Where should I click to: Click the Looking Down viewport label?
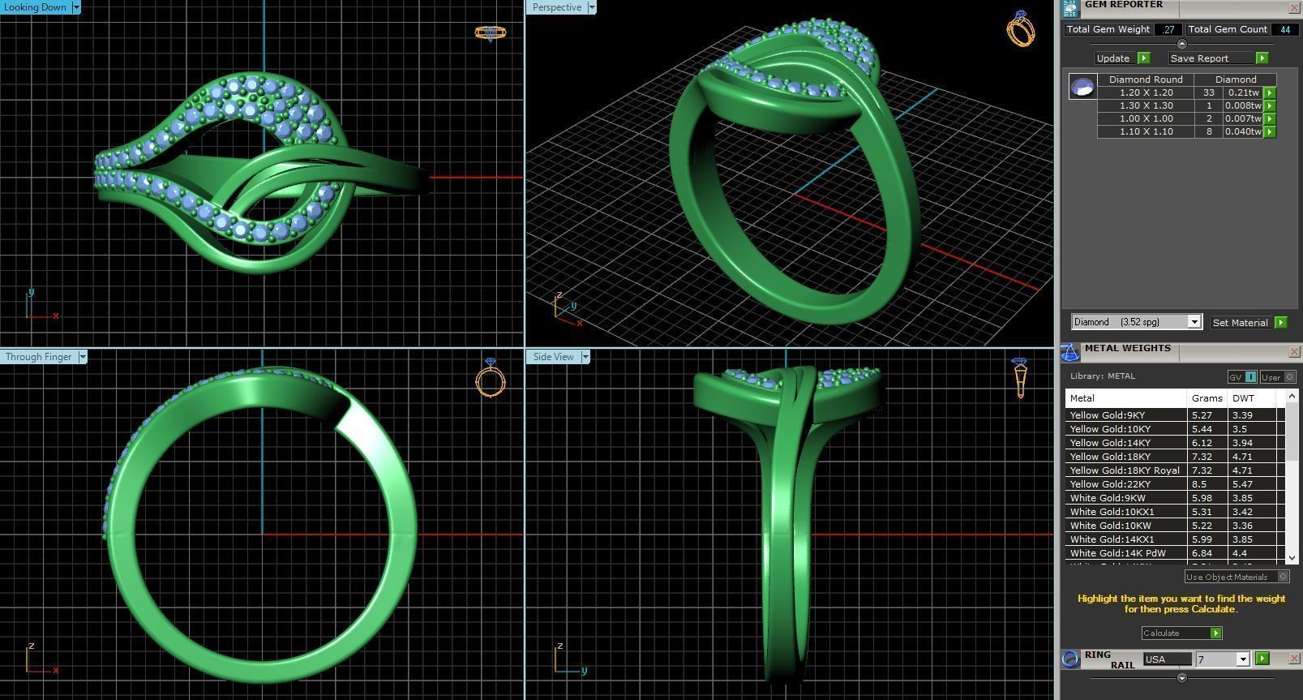click(x=36, y=7)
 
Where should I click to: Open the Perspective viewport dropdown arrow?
click(x=591, y=7)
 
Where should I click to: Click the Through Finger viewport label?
click(x=39, y=357)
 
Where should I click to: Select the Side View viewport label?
click(x=554, y=357)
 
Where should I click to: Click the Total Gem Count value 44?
click(x=1284, y=29)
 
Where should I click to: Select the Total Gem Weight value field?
click(x=1168, y=29)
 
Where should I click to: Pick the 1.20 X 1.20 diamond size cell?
click(x=1146, y=92)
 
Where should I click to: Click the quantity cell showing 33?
click(x=1208, y=92)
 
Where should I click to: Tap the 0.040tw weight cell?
click(x=1243, y=131)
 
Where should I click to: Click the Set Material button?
click(x=1240, y=323)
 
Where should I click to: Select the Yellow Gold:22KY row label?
click(x=1110, y=484)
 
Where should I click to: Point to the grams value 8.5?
click(x=1198, y=484)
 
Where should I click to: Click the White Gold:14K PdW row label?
click(x=1117, y=553)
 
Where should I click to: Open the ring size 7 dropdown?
click(x=1242, y=659)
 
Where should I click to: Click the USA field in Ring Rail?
click(x=1167, y=659)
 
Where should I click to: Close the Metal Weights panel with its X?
click(x=1294, y=352)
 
